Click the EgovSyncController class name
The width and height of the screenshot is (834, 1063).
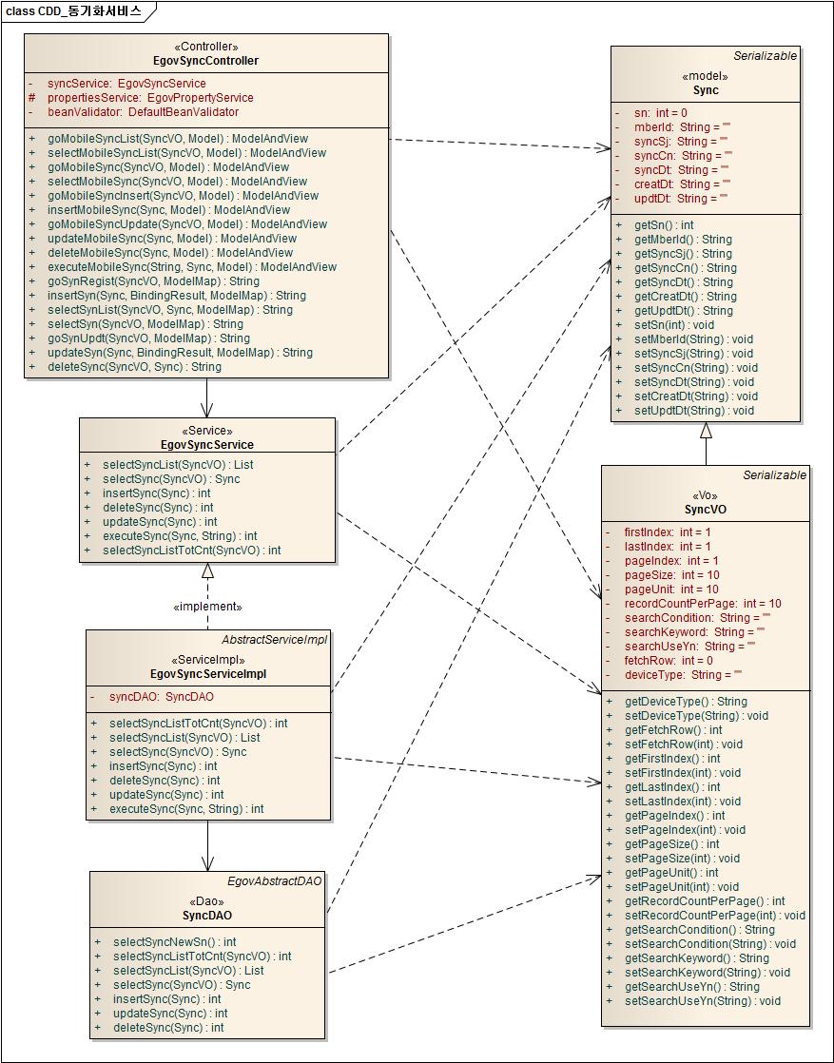(205, 61)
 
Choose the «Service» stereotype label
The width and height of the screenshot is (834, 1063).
(206, 431)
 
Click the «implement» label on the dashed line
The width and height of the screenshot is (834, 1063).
(207, 607)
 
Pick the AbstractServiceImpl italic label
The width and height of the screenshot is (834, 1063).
(274, 640)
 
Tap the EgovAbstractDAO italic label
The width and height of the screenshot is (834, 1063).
(275, 881)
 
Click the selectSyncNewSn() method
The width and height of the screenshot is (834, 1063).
(174, 942)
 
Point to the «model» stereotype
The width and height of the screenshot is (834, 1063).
(705, 76)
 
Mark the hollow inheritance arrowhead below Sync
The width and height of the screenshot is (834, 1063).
(706, 431)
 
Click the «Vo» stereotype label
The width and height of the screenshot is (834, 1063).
(705, 495)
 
